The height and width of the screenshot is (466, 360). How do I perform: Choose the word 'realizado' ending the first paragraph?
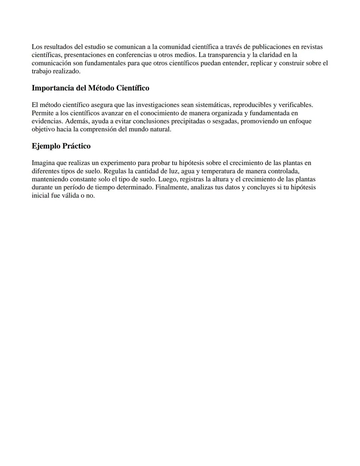67,71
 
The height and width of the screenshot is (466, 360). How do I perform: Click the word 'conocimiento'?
159,113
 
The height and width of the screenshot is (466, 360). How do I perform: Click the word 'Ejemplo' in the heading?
46,146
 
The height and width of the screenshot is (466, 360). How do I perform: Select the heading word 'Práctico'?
76,146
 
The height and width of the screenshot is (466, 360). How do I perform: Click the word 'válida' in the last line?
70,195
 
